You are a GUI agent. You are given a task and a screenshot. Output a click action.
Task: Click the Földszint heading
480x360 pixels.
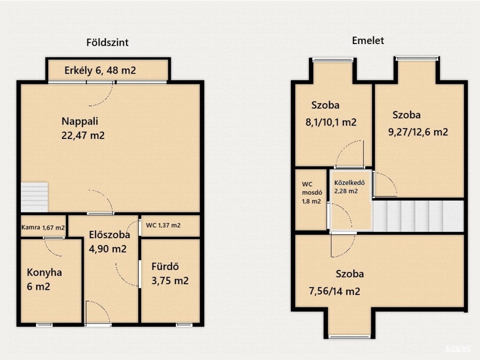point(107,42)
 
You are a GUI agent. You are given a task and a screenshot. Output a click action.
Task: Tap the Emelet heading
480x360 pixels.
point(367,40)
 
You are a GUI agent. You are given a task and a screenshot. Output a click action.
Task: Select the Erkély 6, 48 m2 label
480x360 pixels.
point(100,70)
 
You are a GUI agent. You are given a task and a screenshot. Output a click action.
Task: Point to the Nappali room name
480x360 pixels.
point(80,121)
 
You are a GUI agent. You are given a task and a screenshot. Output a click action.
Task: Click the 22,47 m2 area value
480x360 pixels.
point(83,135)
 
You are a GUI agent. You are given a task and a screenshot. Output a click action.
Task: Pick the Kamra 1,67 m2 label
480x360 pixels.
point(43,227)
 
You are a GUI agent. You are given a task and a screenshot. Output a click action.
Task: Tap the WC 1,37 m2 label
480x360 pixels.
point(163,225)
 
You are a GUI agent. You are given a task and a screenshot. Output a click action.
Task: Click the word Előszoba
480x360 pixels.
point(109,235)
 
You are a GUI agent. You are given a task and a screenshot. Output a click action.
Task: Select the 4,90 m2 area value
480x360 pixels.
point(107,249)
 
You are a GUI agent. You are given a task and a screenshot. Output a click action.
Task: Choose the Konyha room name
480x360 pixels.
point(45,272)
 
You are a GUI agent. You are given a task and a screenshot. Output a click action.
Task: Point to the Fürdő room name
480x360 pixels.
point(165,267)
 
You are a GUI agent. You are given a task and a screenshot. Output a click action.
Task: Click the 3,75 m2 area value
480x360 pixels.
point(170,281)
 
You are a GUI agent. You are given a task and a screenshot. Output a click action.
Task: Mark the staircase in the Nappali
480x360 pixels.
point(34,197)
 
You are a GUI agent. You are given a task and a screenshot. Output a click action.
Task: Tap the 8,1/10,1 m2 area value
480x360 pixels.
point(331,122)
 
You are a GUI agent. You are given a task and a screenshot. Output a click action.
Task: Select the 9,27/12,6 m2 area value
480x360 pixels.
point(418,132)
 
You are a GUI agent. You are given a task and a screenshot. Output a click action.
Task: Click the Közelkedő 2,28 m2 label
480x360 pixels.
point(349,187)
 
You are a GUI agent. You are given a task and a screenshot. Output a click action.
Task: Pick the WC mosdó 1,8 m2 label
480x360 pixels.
point(312,193)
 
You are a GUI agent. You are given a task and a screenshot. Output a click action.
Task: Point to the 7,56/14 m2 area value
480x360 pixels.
point(334,291)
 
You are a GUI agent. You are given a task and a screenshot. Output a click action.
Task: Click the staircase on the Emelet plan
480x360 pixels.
point(418,216)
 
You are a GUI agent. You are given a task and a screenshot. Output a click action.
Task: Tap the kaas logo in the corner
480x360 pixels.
point(458,349)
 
